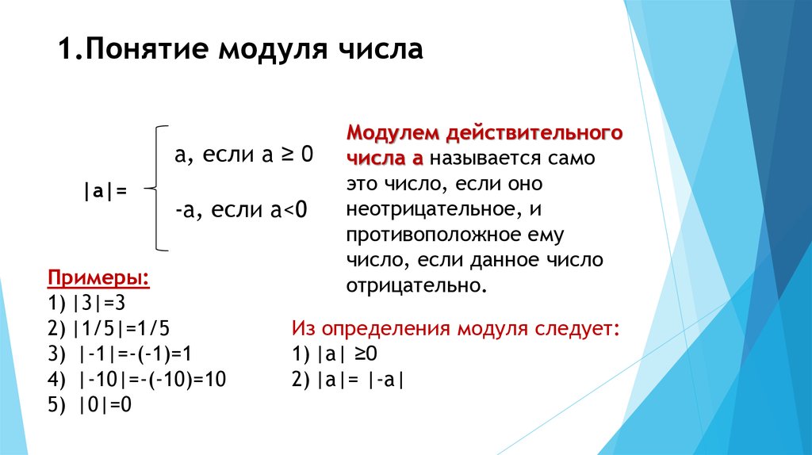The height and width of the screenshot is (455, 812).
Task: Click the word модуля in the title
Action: pyautogui.click(x=273, y=50)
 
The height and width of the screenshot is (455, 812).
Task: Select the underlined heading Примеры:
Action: pyautogui.click(x=98, y=278)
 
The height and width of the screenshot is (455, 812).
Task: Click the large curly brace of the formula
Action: pyautogui.click(x=158, y=188)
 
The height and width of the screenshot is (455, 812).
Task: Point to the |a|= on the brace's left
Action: pyautogui.click(x=105, y=191)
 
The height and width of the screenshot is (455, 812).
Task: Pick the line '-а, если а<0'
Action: pyautogui.click(x=241, y=209)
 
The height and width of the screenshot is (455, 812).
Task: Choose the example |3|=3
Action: pyautogui.click(x=99, y=303)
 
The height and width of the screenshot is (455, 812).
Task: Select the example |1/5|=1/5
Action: pyautogui.click(x=121, y=328)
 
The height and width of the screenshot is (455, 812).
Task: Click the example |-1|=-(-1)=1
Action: pyautogui.click(x=135, y=354)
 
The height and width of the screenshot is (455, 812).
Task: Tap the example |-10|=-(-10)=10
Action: pyautogui.click(x=152, y=380)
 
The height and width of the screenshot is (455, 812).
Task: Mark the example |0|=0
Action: pyautogui.click(x=105, y=404)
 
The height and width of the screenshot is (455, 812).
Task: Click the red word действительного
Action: pyautogui.click(x=534, y=133)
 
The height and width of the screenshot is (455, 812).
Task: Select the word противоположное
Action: pyautogui.click(x=434, y=235)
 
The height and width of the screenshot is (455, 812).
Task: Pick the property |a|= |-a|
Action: pyautogui.click(x=361, y=380)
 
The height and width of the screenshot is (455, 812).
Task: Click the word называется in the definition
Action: pyautogui.click(x=486, y=159)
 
